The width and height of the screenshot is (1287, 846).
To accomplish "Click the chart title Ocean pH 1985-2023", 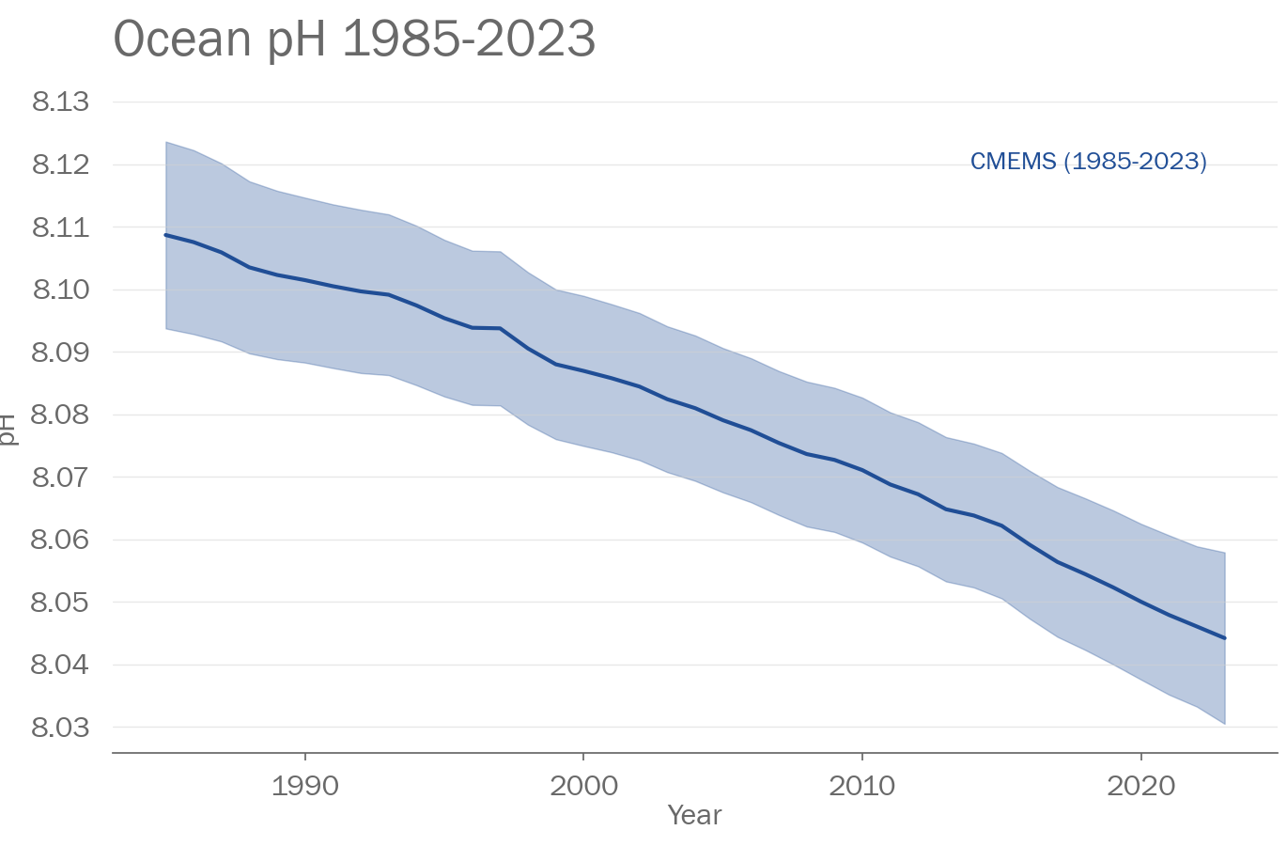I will tap(354, 39).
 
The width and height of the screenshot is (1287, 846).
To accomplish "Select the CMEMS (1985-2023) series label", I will tap(1088, 162).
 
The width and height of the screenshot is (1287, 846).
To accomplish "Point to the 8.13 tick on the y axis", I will tap(60, 102).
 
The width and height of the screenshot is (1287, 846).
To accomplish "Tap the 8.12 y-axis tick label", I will tap(60, 164).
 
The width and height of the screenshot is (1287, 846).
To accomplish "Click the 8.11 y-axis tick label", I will tap(60, 227).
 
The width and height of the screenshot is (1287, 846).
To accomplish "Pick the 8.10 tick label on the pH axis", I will tap(60, 290).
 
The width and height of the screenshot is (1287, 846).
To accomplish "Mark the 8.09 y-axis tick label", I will tap(60, 352).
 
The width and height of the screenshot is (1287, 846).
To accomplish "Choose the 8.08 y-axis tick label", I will tap(60, 415).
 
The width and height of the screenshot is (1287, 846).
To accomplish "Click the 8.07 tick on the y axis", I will tap(60, 478).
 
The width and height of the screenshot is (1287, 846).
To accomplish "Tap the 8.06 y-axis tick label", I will tap(60, 540).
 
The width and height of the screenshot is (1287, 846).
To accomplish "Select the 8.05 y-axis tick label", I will tap(60, 603).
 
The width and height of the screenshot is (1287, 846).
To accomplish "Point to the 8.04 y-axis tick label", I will tap(60, 665).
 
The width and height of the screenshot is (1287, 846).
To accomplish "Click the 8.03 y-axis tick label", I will tap(60, 728).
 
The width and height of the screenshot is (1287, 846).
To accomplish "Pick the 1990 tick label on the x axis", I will tap(304, 786).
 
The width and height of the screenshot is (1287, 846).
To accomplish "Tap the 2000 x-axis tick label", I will tap(583, 786).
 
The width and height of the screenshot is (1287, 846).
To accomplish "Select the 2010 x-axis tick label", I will tap(861, 786).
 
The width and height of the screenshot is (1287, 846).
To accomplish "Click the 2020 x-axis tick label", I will tap(1140, 786).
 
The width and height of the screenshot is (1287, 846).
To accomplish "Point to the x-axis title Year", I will tap(694, 815).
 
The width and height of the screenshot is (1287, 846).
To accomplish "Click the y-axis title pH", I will tap(8, 429).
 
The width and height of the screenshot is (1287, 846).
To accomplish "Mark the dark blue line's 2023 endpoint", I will tap(1224, 638).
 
